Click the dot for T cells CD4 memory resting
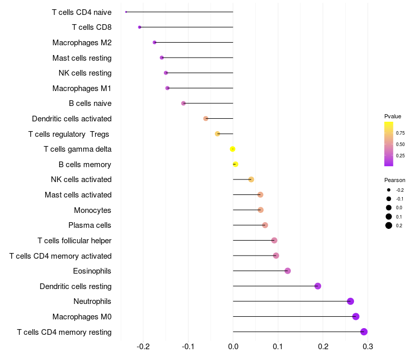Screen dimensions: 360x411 tap(364, 332)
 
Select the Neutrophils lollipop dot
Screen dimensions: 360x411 tap(350, 301)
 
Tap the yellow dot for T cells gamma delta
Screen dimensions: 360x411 tap(233, 149)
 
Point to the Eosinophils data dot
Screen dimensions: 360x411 tap(288, 271)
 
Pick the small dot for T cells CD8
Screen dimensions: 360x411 tap(140, 27)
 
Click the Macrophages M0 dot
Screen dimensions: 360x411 tap(356, 317)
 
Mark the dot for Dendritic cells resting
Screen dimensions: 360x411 tap(317, 286)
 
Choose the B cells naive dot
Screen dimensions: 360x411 tap(183, 103)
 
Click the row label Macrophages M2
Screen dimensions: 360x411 tap(82, 43)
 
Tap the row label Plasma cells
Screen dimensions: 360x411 tap(90, 225)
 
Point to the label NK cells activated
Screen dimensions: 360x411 tap(81, 179)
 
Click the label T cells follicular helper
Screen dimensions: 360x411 tap(74, 241)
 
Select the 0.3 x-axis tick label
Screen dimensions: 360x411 tap(368, 347)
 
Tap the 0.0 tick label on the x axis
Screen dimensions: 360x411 tap(233, 347)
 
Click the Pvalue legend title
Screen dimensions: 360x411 tap(393, 116)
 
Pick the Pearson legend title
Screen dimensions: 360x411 tap(395, 180)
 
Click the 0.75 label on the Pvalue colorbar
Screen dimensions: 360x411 tap(400, 133)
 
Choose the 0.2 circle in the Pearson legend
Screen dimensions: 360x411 tap(389, 225)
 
